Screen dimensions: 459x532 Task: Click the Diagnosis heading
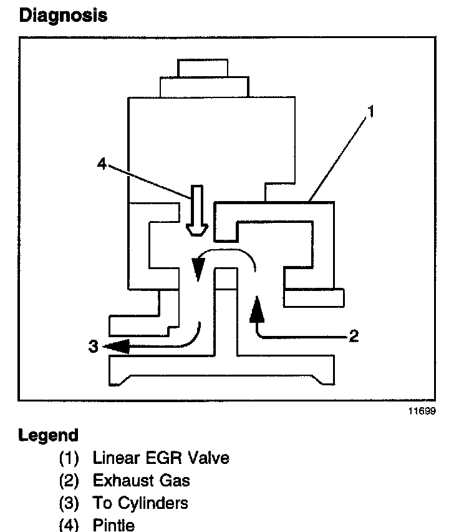click(x=63, y=15)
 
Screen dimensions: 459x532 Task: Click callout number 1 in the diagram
click(x=370, y=113)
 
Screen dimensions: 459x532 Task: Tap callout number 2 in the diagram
click(x=353, y=337)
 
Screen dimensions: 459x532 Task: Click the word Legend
click(x=49, y=435)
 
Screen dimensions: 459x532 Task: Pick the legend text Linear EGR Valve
click(x=161, y=458)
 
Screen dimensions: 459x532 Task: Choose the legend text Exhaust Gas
click(x=142, y=480)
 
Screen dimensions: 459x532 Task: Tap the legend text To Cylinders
click(x=140, y=503)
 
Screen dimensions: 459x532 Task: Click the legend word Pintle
click(x=114, y=525)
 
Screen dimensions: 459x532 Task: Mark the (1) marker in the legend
click(x=69, y=458)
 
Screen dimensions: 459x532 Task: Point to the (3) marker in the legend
click(x=69, y=503)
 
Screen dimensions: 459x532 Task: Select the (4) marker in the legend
click(x=69, y=525)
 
